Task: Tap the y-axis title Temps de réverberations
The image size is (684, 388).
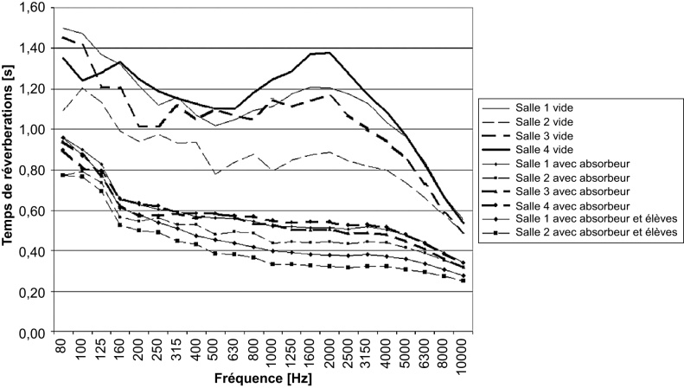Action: (x=11, y=170)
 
